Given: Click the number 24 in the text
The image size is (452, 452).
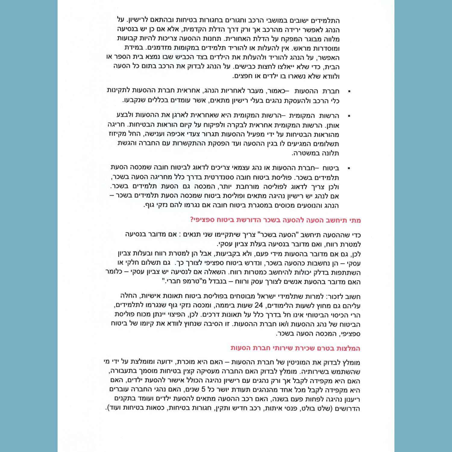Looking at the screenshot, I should (x=259, y=306).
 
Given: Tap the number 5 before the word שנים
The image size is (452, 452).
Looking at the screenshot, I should (x=203, y=390).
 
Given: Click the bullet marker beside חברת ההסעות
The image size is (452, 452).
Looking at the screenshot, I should (x=349, y=91).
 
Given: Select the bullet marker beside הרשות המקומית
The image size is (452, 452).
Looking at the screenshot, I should (x=349, y=116).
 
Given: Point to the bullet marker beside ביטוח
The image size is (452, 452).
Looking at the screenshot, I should (x=349, y=168).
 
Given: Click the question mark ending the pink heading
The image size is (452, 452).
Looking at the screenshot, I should (x=192, y=220).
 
